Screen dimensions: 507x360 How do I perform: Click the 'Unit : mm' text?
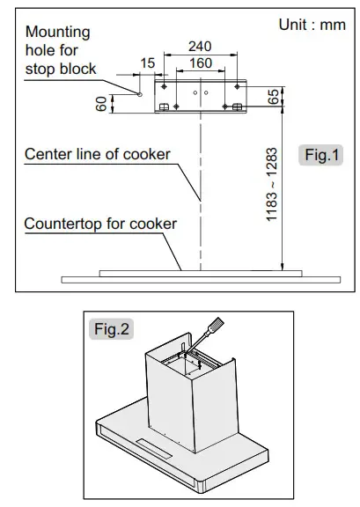tap(312, 25)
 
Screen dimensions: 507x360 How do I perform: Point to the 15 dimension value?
tap(146, 63)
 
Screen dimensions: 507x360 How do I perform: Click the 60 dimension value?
tap(101, 102)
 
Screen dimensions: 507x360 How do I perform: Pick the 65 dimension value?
tap(274, 97)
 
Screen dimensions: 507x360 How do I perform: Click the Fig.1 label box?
tap(321, 156)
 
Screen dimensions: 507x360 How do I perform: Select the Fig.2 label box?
tap(111, 330)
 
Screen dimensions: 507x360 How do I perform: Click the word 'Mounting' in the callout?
tap(57, 33)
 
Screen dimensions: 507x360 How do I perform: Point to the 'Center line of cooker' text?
tap(97, 156)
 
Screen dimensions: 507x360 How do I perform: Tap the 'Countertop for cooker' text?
tap(100, 223)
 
